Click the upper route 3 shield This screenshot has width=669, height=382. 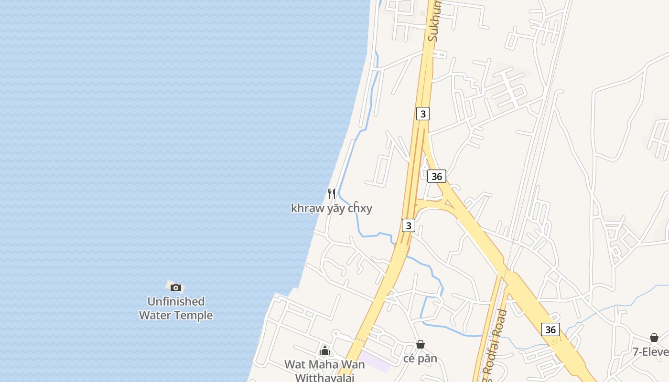[x=422, y=114]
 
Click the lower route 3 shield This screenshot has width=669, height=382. [x=408, y=225]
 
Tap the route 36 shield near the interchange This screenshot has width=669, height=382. [x=436, y=176]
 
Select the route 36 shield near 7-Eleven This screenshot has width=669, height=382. [x=550, y=329]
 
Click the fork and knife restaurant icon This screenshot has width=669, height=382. [x=332, y=193]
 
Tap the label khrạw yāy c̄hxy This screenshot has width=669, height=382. [x=332, y=208]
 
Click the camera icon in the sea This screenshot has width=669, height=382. [x=176, y=287]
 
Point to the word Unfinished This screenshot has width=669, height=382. [x=176, y=301]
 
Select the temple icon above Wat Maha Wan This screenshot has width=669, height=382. [x=325, y=351]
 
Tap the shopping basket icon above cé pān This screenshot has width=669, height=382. [x=421, y=344]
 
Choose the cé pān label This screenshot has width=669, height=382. [x=421, y=359]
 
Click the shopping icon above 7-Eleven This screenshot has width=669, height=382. [x=654, y=338]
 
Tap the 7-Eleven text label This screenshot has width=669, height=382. [x=650, y=352]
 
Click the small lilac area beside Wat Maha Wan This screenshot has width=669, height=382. [x=375, y=361]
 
